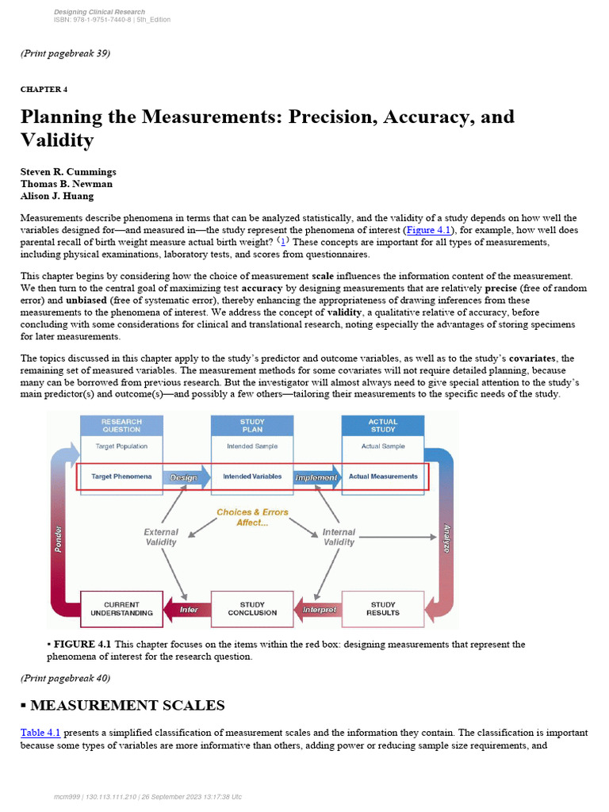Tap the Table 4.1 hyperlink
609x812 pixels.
[x=40, y=733]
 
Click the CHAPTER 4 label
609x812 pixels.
[x=44, y=89]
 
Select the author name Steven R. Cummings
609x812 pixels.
[x=68, y=172]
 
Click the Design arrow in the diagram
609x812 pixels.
[x=184, y=477]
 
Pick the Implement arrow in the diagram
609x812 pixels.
[x=316, y=477]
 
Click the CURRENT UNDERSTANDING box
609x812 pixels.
[x=121, y=609]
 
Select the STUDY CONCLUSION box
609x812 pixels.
[x=252, y=609]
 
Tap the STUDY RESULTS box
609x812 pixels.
[x=383, y=609]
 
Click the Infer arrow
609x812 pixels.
[x=187, y=610]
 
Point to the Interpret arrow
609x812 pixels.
[x=319, y=610]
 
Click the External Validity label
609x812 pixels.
[x=161, y=537]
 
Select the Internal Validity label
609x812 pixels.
[x=339, y=537]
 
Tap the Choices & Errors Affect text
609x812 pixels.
[x=252, y=517]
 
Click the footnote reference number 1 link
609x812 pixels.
[x=285, y=241]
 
